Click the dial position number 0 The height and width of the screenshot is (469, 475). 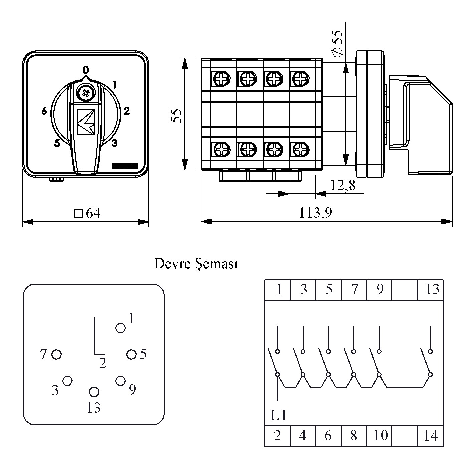coord(86,70)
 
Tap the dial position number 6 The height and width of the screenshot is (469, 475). coord(44,111)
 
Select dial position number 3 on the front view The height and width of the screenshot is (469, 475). coord(114,143)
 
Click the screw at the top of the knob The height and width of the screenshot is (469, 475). coord(86,92)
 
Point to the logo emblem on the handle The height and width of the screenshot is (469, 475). coord(86,122)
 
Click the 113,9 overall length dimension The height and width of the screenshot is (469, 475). coord(315,213)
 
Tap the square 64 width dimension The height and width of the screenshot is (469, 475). coord(87,213)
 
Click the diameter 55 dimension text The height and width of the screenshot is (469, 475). coord(337,43)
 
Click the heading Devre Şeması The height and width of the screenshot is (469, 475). coord(196,264)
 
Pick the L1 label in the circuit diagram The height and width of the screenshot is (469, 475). coord(278,416)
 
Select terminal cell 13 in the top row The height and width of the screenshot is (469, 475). coord(432,289)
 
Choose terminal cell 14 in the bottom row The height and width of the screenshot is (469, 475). coord(430,435)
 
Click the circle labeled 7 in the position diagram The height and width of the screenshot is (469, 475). coord(57,354)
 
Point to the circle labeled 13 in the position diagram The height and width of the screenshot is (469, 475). coord(94,392)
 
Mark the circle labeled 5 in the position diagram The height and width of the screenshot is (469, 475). coord(132,354)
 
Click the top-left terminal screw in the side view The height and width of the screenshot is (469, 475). coord(221,79)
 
